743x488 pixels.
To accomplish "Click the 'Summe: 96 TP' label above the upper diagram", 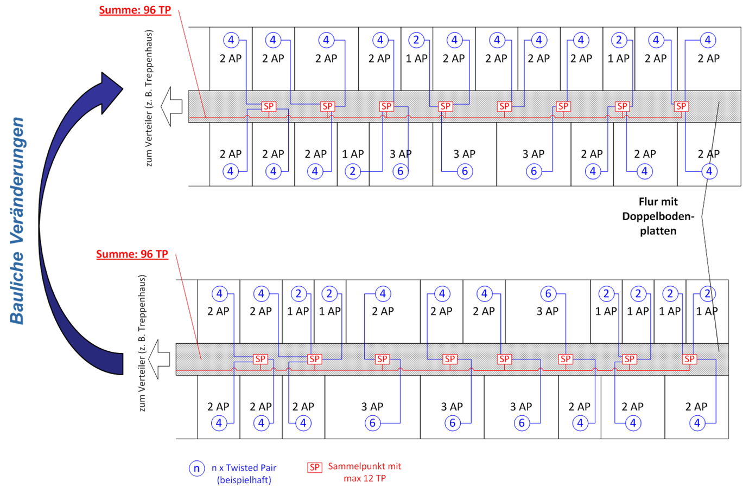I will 135,10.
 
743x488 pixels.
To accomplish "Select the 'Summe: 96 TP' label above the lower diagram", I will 132,254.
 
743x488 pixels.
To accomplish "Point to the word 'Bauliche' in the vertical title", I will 17,287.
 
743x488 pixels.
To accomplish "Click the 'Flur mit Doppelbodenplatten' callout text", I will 658,216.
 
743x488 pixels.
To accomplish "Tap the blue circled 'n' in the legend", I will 196,468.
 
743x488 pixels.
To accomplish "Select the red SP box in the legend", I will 315,467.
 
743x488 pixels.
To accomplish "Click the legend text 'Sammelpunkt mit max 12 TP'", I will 365,472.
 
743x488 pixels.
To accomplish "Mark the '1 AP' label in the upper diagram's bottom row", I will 353,154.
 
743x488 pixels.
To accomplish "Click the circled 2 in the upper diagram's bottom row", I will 353,171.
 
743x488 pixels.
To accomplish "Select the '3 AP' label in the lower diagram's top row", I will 547,311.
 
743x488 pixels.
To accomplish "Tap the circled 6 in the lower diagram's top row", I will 548,294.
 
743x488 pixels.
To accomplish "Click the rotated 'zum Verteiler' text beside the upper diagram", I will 150,98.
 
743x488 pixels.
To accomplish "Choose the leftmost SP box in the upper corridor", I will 269,106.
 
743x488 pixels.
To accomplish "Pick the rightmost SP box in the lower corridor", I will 690,359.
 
